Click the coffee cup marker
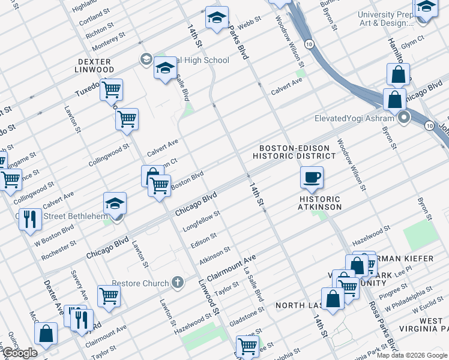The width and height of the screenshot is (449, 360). point(312,178)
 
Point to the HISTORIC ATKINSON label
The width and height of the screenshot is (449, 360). point(320,203)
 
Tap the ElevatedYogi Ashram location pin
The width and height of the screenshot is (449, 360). point(405,118)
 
